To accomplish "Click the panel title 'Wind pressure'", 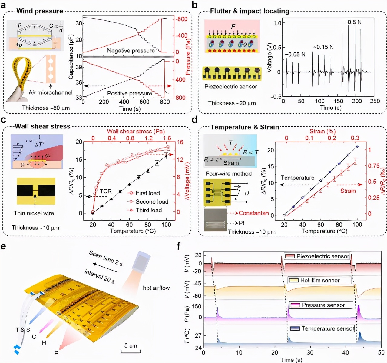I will (39, 11).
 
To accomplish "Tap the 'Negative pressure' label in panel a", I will (131, 51).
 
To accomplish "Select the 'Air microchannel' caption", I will (50, 92).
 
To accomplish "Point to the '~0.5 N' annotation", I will (353, 22).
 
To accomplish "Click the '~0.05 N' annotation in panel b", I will (295, 55).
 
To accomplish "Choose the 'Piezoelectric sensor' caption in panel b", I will (230, 87).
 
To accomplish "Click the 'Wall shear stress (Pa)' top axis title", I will (136, 131).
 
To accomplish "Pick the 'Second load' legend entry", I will (151, 202).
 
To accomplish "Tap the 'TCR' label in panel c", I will (106, 191).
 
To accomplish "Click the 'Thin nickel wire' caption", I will (34, 213).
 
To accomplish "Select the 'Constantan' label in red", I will (253, 213).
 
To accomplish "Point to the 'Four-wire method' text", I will (229, 174).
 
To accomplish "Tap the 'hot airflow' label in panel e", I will (156, 288).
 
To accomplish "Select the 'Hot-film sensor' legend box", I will (319, 280).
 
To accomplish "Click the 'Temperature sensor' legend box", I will (322, 328).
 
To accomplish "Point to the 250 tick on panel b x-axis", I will (375, 101).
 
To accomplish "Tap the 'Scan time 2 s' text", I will (106, 258).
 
